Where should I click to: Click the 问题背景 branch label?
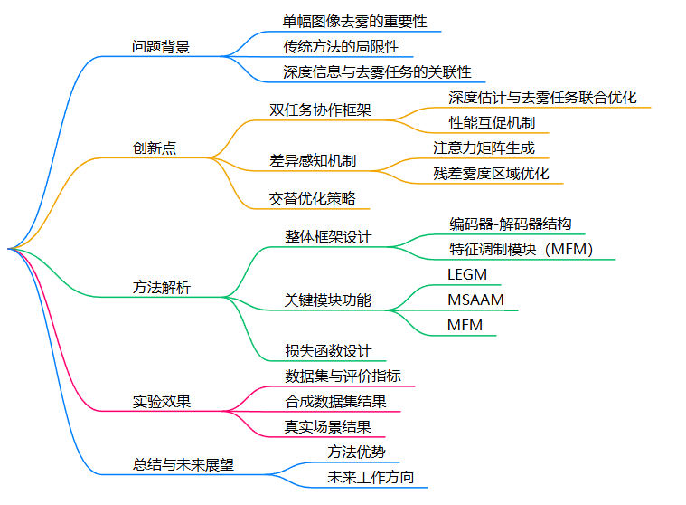pos(161,47)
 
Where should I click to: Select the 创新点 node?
pos(155,148)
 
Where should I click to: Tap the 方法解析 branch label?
pos(162,288)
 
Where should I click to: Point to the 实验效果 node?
pos(162,402)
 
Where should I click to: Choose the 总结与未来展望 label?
pos(183,465)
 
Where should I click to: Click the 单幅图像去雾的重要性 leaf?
pos(354,21)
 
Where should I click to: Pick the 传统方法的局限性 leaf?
pos(341,46)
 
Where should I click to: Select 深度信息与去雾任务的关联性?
pos(377,71)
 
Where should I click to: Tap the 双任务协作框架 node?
pos(320,110)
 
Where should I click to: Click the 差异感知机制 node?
pos(313,161)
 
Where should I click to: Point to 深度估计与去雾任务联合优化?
pos(542,97)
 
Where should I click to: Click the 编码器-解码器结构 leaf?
pos(511,224)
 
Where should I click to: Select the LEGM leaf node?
pos(467,274)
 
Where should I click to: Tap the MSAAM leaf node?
pos(475,300)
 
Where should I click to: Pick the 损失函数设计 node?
pos(328,351)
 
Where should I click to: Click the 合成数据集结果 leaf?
pos(335,402)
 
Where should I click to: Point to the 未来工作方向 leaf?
pos(371,477)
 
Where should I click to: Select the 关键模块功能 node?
pos(327,300)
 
